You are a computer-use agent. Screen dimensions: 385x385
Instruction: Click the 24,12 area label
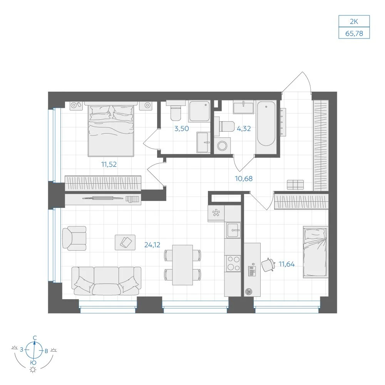(152, 245)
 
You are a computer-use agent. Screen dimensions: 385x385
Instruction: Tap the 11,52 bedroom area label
(109, 164)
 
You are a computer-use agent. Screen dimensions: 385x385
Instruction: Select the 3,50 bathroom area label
(182, 129)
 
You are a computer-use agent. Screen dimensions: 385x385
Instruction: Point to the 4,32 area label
(244, 129)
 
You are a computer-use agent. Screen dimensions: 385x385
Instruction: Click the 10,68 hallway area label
(244, 179)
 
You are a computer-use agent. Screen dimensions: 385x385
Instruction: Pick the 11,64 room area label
(287, 264)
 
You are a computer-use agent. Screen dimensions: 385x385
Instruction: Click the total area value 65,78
(354, 33)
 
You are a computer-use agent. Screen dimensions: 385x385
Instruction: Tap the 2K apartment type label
(354, 22)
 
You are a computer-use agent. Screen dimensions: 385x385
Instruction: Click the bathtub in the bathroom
(266, 124)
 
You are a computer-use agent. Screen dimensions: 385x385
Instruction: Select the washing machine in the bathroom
(223, 146)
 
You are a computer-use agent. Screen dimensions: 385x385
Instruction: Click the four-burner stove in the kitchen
(233, 263)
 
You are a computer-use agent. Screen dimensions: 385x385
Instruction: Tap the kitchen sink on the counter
(233, 230)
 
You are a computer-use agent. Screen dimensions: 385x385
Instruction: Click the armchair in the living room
(74, 238)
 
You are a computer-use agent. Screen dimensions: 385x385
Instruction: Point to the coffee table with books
(125, 242)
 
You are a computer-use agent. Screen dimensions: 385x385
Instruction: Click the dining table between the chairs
(182, 265)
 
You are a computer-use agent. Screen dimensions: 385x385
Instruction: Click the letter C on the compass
(35, 338)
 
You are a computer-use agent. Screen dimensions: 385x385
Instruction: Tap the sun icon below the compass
(33, 370)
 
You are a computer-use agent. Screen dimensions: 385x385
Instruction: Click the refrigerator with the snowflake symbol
(216, 213)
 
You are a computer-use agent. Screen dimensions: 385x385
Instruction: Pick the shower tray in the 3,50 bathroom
(199, 111)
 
